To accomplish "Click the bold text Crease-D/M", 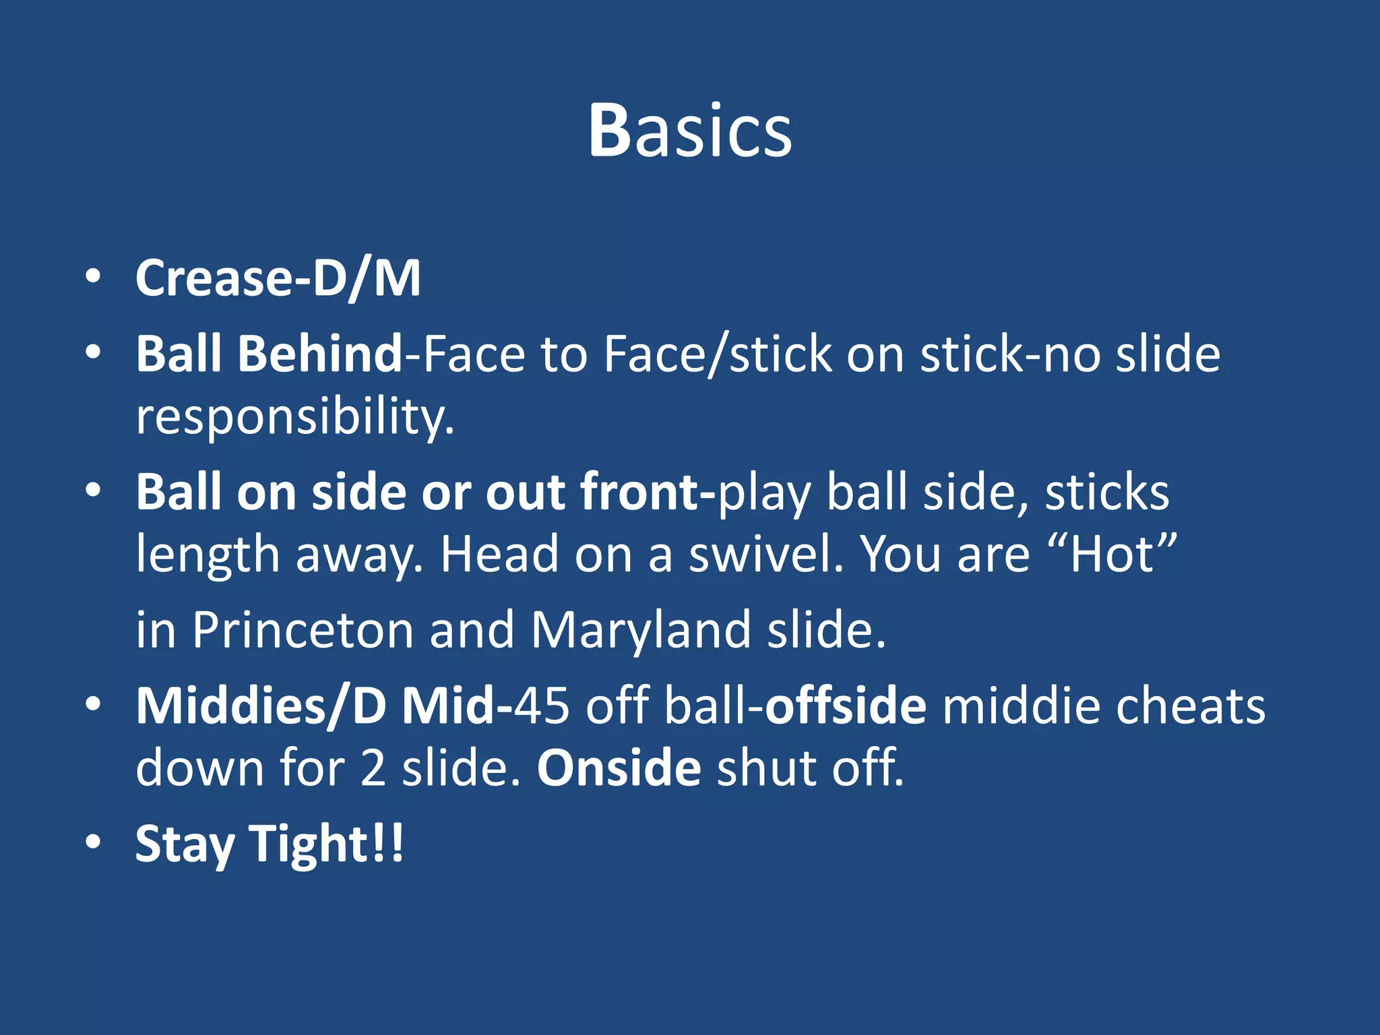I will coord(278,278).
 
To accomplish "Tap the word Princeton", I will coord(303,630).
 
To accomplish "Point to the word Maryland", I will coord(640,630).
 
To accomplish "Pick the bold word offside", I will coord(846,706).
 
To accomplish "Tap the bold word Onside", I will coord(619,768).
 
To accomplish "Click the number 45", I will coord(542,706).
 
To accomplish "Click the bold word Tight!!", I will coord(326,844).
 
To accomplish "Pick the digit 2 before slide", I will coord(373,769).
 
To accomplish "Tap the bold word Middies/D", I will coord(261,706).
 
